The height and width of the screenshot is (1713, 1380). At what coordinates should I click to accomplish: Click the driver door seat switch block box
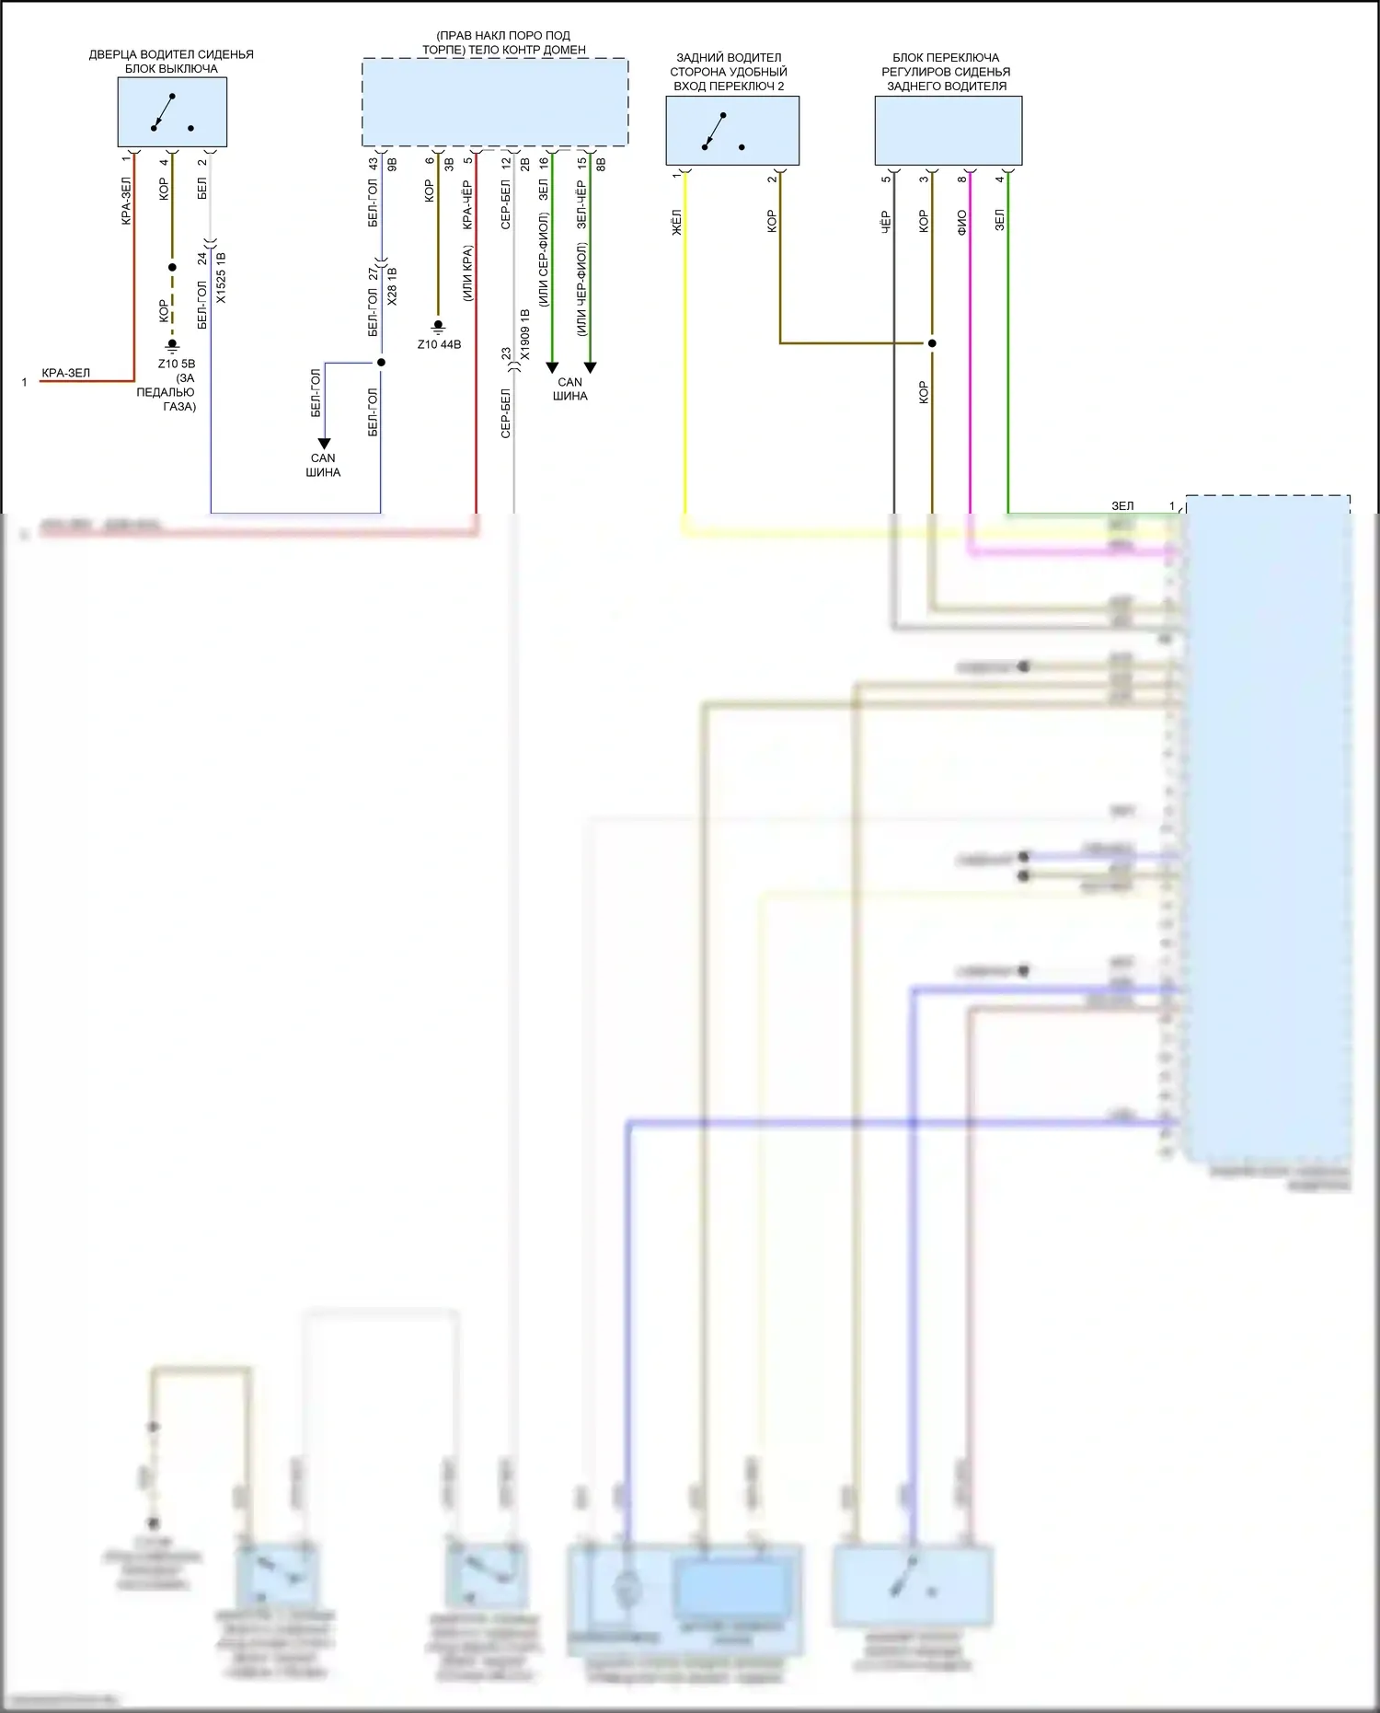point(172,111)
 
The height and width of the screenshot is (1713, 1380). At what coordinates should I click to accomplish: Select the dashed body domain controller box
point(495,102)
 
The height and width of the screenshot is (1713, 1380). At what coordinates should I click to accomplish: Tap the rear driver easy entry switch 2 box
point(732,131)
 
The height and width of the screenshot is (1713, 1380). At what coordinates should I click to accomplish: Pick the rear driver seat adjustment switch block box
point(948,131)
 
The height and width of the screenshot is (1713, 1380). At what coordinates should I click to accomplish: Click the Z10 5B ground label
point(176,364)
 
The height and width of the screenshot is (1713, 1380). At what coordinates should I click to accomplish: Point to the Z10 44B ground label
point(439,344)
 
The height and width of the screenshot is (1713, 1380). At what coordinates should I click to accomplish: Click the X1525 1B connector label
point(221,278)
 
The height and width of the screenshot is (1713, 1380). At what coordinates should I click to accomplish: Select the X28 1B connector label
point(392,287)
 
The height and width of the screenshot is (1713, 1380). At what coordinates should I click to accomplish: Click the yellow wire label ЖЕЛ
point(676,222)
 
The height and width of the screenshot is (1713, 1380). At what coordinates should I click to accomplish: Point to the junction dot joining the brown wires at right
point(931,343)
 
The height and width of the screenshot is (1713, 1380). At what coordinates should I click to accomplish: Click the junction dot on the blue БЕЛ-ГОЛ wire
point(381,363)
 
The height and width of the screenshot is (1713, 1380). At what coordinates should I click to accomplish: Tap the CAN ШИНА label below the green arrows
point(570,388)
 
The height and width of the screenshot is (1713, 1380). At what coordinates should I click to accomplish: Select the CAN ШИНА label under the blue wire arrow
point(323,465)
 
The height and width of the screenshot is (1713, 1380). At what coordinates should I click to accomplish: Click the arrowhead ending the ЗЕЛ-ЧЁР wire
point(590,367)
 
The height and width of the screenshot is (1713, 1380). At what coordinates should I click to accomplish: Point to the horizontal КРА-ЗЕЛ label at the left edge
point(66,373)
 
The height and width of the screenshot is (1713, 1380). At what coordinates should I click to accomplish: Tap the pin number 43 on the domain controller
point(373,163)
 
